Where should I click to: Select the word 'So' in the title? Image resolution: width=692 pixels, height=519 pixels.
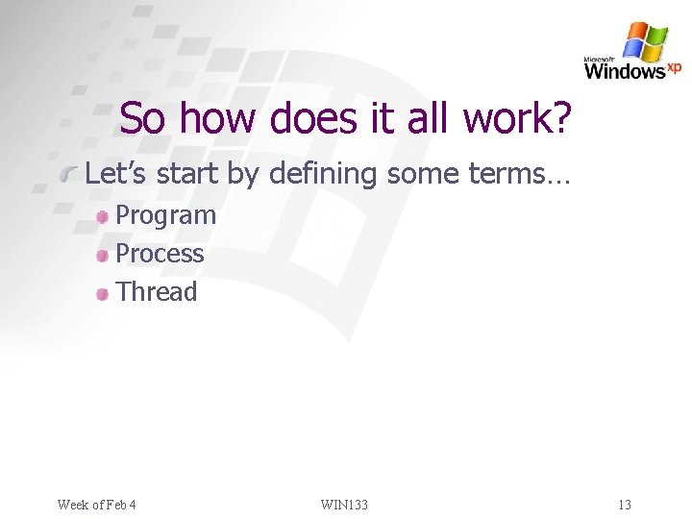pyautogui.click(x=142, y=119)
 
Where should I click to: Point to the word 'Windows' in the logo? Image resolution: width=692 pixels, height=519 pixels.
pyautogui.click(x=624, y=71)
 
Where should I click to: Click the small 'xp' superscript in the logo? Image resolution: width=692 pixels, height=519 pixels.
pyautogui.click(x=674, y=66)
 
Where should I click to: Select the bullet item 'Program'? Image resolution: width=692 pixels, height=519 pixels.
pyautogui.click(x=165, y=215)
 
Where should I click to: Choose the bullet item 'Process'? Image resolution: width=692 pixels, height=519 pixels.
pyautogui.click(x=160, y=254)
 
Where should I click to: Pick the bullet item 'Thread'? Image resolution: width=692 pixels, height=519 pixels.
pyautogui.click(x=156, y=292)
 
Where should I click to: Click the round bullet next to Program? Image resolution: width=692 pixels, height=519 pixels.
pyautogui.click(x=103, y=217)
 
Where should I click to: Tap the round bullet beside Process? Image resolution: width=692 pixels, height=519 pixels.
pyautogui.click(x=103, y=256)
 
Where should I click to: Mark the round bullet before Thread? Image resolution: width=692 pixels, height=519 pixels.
pyautogui.click(x=103, y=294)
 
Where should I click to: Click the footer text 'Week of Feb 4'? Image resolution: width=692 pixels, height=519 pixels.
pyautogui.click(x=97, y=505)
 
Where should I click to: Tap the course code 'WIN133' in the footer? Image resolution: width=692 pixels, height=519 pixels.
pyautogui.click(x=344, y=505)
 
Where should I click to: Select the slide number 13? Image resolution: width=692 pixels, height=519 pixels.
pyautogui.click(x=625, y=505)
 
